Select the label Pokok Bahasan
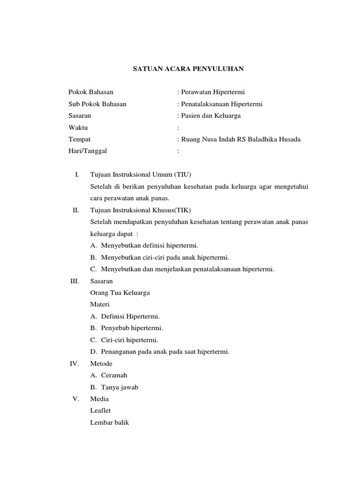tap(91, 92)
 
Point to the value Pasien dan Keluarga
tap(210, 115)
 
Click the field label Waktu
tap(78, 127)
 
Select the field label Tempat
tap(80, 139)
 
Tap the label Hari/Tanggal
tap(88, 151)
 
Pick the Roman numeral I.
tap(77, 175)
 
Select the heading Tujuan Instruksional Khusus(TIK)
tap(141, 210)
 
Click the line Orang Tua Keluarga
tap(120, 292)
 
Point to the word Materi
tap(99, 304)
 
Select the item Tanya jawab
tap(120, 387)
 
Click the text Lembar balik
tap(109, 422)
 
